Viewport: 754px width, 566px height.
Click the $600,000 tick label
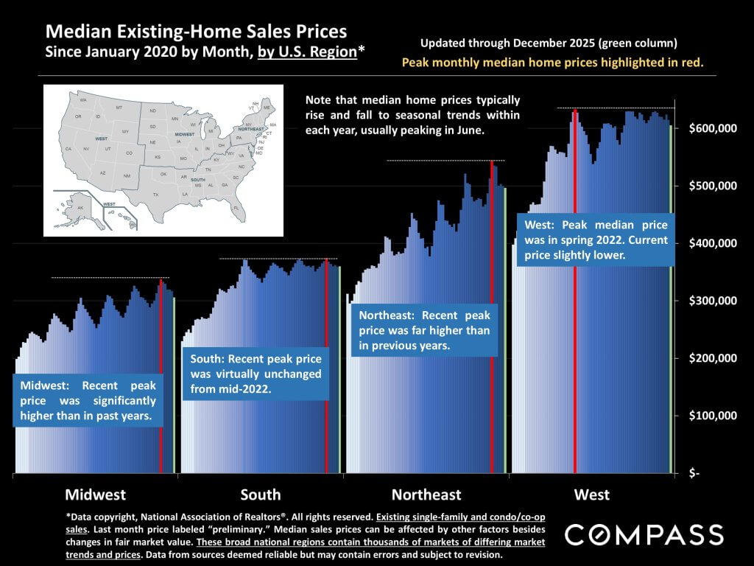713,128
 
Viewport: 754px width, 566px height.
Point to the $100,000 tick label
713,416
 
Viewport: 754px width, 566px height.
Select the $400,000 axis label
713,243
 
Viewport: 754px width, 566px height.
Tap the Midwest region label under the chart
95,495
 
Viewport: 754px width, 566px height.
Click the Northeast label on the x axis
426,495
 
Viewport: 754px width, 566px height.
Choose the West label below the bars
592,495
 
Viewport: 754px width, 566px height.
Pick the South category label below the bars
260,495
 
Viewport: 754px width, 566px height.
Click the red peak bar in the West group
575,295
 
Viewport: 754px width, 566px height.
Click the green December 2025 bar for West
671,295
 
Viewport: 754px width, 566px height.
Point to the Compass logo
644,535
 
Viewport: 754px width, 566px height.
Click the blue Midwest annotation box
88,402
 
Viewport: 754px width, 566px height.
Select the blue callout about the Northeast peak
424,330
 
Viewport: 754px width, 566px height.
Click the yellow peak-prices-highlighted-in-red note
552,63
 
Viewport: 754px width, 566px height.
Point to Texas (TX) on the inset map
155,194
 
